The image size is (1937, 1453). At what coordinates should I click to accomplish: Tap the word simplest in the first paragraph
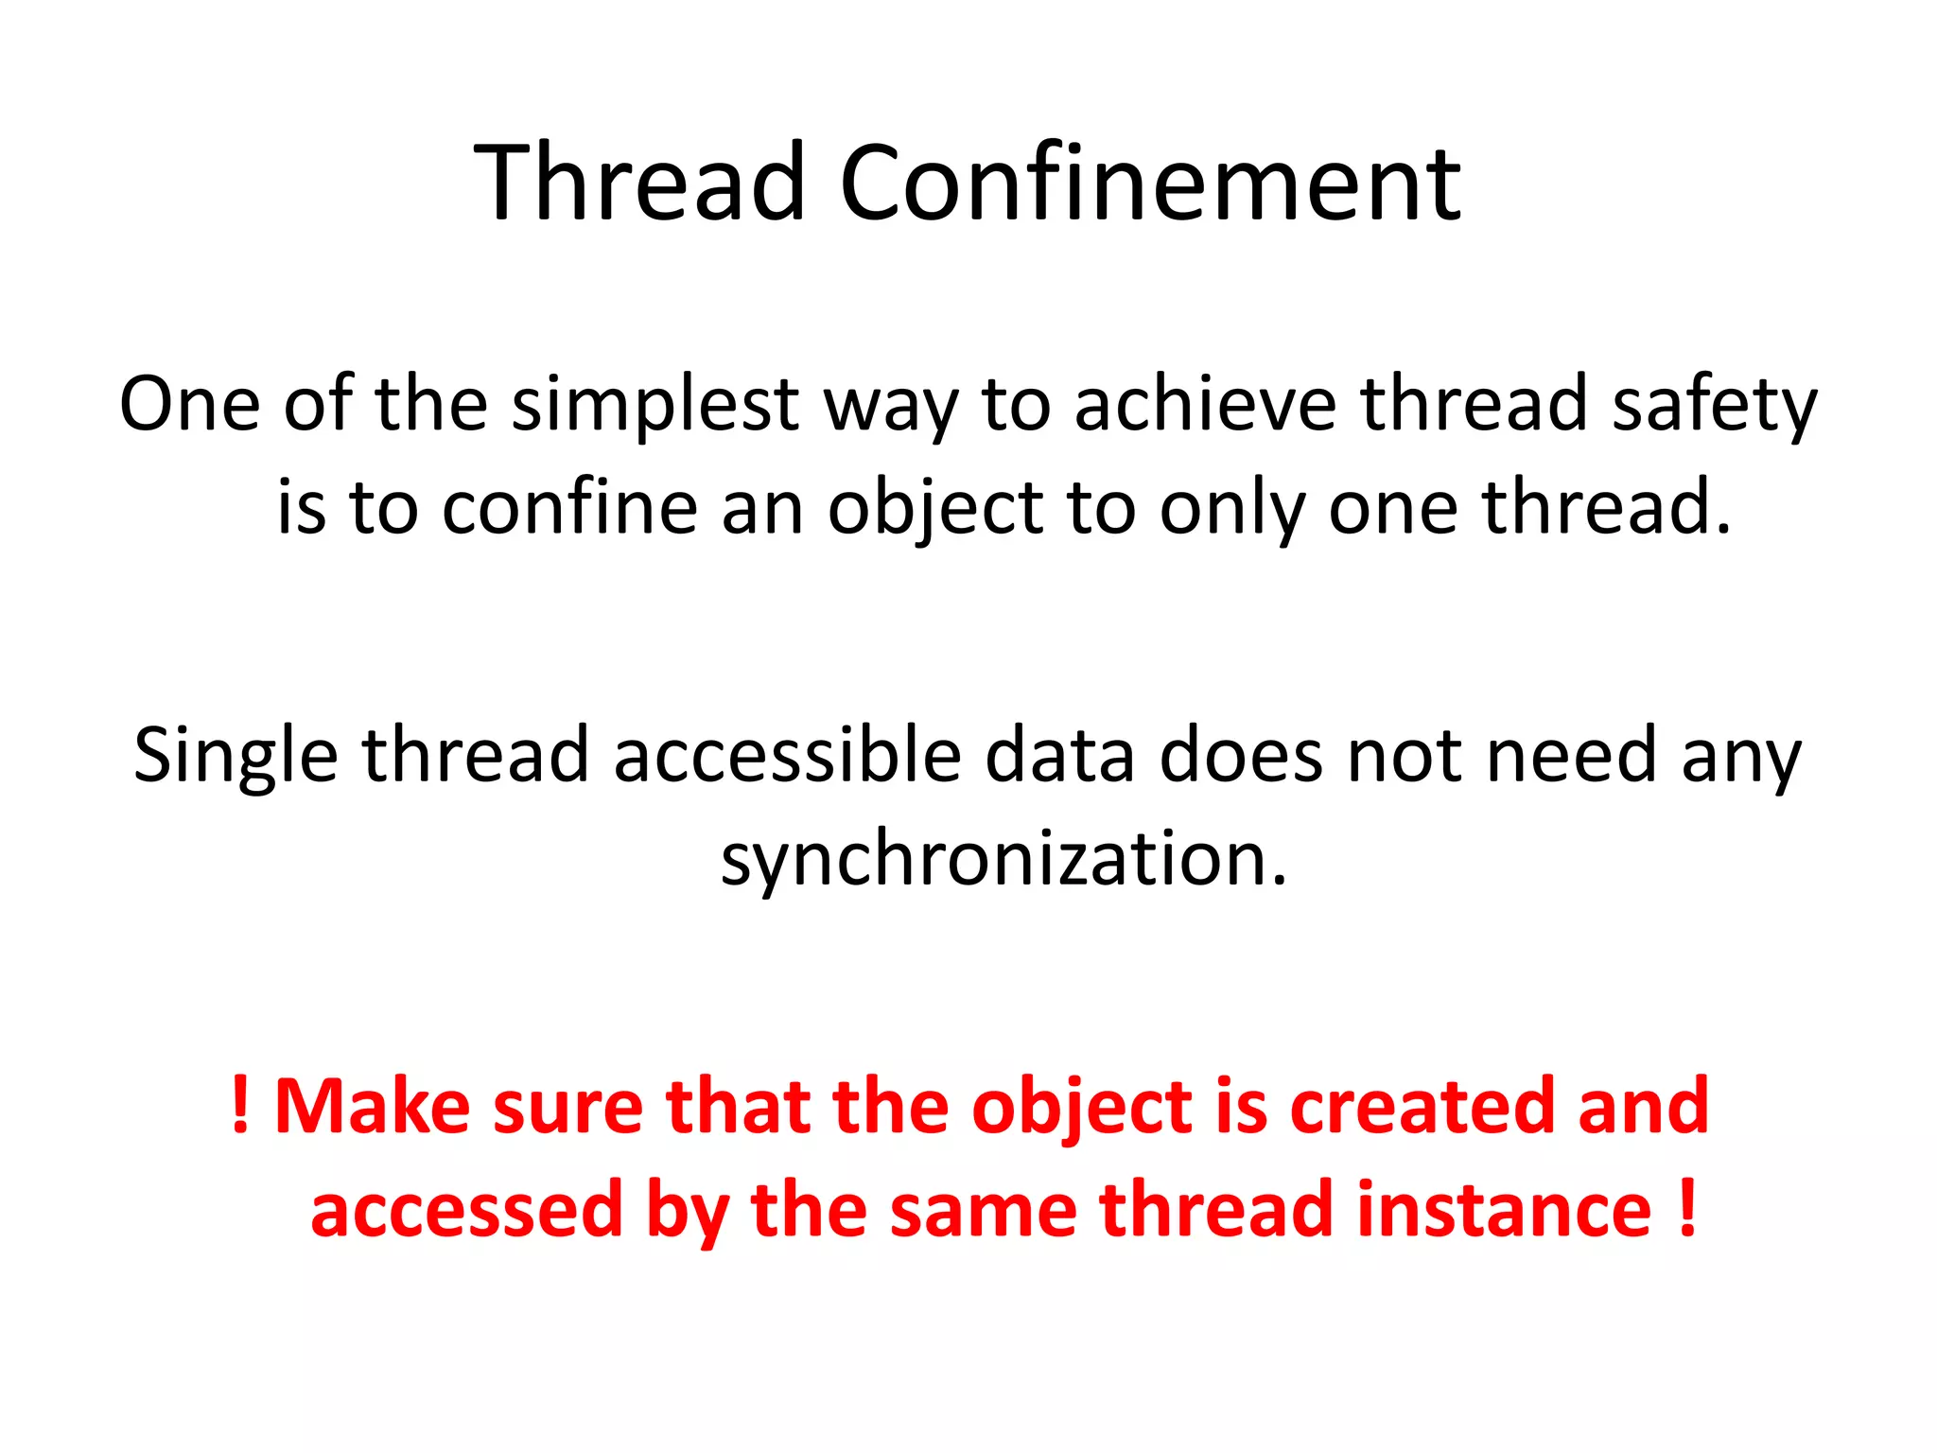[x=654, y=405]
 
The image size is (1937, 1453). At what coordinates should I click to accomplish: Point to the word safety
[x=1714, y=405]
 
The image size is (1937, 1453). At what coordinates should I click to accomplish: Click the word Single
[x=236, y=757]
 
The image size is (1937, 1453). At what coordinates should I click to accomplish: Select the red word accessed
[x=466, y=1210]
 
